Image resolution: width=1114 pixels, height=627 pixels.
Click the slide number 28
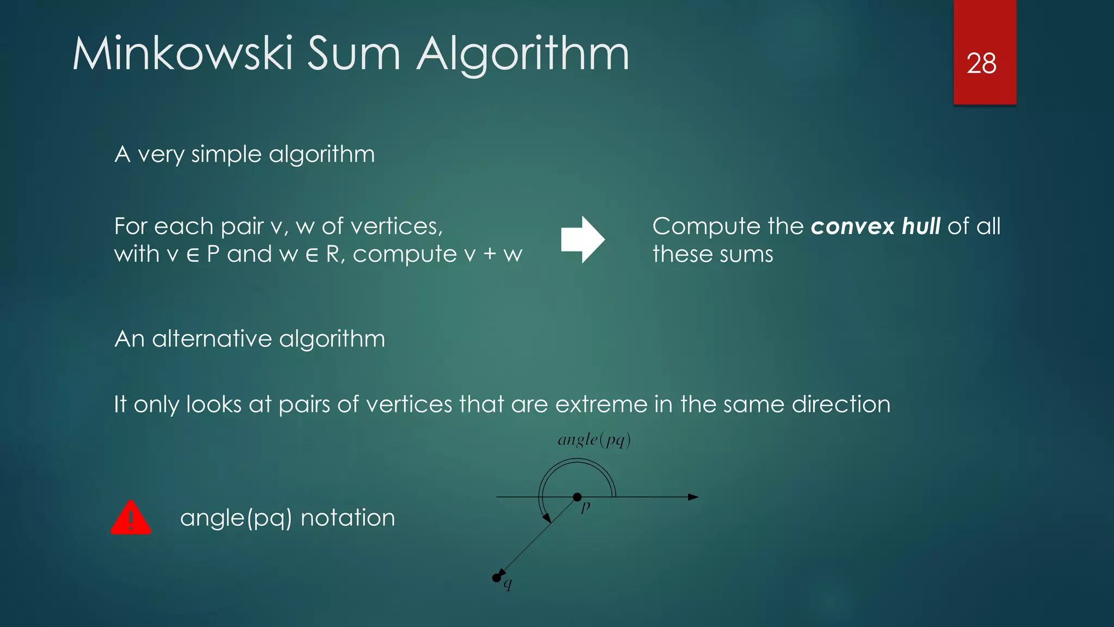coord(981,64)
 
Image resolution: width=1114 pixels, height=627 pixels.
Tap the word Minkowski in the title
coord(183,54)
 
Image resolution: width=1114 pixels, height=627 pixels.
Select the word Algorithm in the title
coord(523,55)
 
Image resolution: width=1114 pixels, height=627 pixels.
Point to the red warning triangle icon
coord(131,518)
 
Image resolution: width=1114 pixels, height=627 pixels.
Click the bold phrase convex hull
coord(875,226)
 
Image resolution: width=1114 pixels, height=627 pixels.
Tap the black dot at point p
coord(577,497)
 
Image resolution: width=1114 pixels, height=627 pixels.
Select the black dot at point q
coord(496,577)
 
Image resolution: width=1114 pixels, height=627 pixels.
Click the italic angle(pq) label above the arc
coord(594,440)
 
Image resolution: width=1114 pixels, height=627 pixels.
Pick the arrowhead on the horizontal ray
coord(693,497)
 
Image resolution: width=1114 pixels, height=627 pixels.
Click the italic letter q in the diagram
coord(508,585)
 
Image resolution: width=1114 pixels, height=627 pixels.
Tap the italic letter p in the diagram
coord(586,507)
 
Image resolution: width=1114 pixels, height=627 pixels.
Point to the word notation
coord(348,518)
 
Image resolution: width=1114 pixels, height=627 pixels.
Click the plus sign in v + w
coord(490,255)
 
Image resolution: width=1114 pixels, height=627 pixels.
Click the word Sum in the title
coord(354,54)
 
